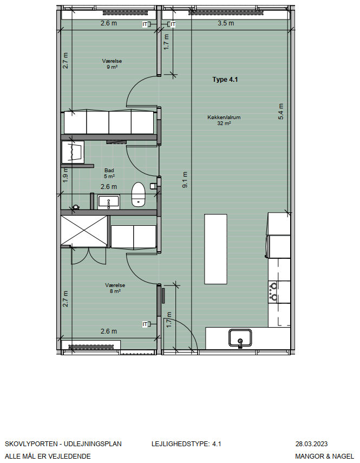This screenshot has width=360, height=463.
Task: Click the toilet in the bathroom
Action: click(x=138, y=194)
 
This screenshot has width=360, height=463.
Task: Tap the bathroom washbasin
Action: click(x=109, y=202)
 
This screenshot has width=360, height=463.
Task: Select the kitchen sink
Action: click(x=240, y=338)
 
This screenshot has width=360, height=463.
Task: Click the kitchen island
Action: click(x=215, y=249)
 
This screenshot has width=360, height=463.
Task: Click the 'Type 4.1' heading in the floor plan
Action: click(x=225, y=80)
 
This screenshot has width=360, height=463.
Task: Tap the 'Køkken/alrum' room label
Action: click(x=224, y=117)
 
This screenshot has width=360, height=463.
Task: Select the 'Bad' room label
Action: click(x=109, y=171)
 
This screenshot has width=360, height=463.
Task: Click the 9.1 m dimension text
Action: click(x=185, y=180)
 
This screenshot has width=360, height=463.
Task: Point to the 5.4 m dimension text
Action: click(x=280, y=112)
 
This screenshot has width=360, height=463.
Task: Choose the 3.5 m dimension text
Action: click(x=226, y=23)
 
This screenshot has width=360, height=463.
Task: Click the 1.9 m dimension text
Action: click(x=66, y=175)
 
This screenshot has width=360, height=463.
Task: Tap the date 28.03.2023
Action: click(x=312, y=444)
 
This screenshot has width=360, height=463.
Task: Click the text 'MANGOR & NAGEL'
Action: click(x=325, y=456)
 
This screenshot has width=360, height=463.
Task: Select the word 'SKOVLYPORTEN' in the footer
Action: click(x=31, y=444)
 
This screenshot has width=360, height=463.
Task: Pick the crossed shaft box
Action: click(x=84, y=231)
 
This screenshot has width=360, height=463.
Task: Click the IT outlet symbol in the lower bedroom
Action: click(x=146, y=324)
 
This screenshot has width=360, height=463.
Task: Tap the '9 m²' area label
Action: click(x=112, y=67)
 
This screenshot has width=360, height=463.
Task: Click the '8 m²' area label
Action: click(x=115, y=291)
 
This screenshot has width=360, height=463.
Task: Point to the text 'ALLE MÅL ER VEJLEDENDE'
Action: click(x=48, y=456)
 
